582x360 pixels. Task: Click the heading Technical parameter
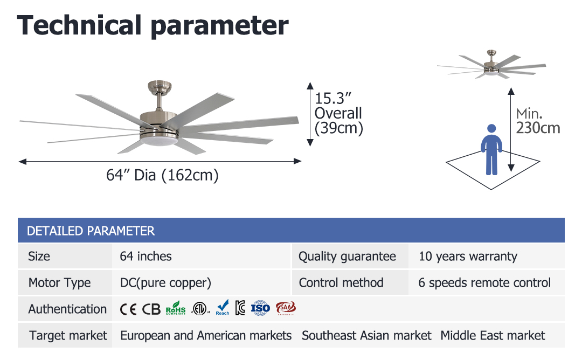[153, 25]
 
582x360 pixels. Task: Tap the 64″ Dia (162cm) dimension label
[162, 175]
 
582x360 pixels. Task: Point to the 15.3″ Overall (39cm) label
[338, 113]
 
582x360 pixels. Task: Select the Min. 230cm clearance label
[538, 121]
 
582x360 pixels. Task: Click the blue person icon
[491, 150]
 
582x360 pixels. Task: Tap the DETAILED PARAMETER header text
[91, 231]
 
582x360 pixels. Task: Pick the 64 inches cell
[145, 256]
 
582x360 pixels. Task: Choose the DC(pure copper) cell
[165, 283]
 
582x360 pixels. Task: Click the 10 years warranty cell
[468, 257]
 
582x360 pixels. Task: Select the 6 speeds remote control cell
[484, 283]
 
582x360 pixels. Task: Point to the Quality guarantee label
[347, 257]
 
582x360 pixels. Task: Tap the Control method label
[341, 283]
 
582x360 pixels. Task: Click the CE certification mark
[128, 309]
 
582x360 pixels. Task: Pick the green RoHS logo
[176, 308]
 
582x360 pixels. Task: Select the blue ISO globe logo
[260, 308]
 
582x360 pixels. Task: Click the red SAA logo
[286, 308]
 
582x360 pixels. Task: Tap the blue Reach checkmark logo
[223, 308]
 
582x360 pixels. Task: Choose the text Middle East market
[493, 336]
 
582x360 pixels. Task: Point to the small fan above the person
[491, 65]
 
